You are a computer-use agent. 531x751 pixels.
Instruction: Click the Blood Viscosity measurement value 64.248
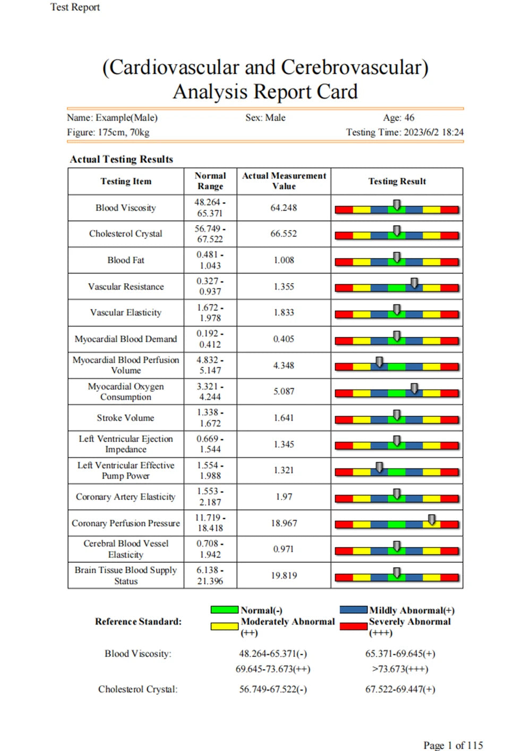point(284,208)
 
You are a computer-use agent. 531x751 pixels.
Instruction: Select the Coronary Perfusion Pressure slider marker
point(432,519)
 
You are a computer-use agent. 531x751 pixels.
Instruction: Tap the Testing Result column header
point(397,182)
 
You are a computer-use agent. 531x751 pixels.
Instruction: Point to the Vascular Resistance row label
point(126,287)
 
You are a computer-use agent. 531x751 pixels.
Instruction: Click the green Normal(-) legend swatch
point(224,610)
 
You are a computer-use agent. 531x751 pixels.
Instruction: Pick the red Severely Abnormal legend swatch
point(353,626)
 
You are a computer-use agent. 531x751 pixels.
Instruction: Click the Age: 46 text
point(398,118)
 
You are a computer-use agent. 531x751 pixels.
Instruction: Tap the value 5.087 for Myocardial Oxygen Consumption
point(284,391)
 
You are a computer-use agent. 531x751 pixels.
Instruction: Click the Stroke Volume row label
point(126,418)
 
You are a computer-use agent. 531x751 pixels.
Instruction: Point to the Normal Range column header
point(210,181)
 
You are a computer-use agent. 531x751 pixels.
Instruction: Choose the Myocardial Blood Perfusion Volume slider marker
point(379,362)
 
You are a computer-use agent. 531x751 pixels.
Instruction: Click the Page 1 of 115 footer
point(453,745)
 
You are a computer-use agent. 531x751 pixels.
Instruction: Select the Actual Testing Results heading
point(122,159)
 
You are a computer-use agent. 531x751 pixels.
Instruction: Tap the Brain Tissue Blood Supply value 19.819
point(284,576)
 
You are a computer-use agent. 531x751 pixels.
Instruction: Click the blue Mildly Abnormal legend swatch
point(353,610)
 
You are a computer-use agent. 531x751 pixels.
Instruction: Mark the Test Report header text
point(75,7)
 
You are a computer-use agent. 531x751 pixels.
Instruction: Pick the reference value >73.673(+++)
point(400,669)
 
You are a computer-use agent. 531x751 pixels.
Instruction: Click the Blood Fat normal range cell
point(210,260)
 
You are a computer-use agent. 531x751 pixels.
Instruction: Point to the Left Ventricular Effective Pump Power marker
point(379,467)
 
